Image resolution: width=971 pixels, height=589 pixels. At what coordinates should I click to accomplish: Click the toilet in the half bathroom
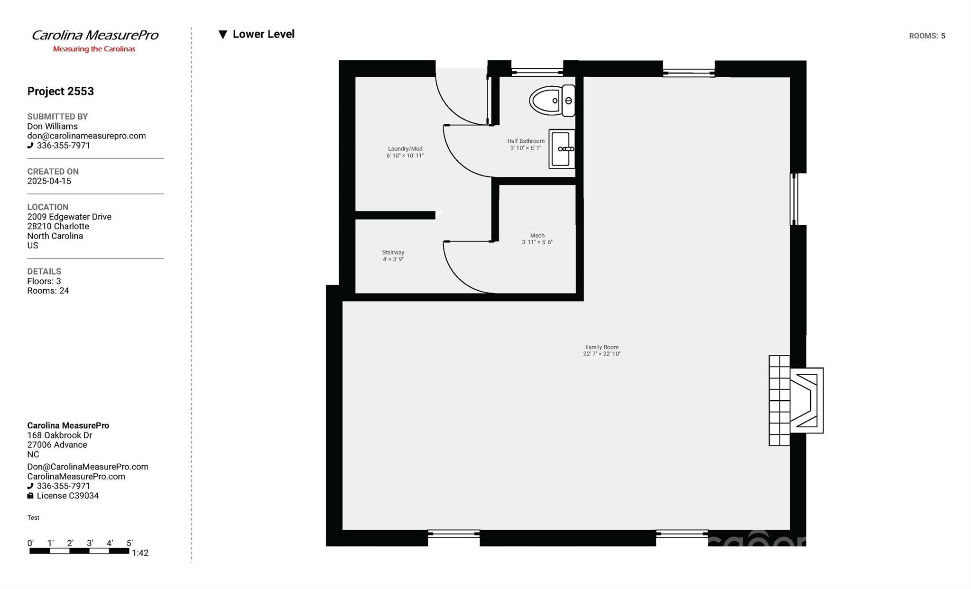click(552, 101)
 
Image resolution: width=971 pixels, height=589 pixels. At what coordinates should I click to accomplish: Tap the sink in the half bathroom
click(562, 149)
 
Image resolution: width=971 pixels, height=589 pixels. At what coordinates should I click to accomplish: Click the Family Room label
click(601, 350)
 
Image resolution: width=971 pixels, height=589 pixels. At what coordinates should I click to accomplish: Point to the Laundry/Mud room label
click(405, 152)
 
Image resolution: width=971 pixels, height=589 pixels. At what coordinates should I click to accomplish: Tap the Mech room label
click(537, 239)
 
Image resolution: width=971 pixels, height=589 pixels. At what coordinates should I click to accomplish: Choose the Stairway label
click(393, 256)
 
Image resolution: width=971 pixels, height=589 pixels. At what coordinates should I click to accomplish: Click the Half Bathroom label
click(526, 144)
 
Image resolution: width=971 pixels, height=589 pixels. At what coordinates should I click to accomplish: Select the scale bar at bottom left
click(79, 551)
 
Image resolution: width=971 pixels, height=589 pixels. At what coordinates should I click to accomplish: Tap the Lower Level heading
click(263, 34)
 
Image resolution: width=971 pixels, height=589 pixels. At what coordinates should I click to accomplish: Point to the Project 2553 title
click(60, 91)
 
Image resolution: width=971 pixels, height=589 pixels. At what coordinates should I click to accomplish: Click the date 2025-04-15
click(49, 181)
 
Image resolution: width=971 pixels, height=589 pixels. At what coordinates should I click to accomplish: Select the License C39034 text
click(67, 496)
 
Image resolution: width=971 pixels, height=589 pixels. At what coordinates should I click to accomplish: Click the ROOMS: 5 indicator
click(927, 36)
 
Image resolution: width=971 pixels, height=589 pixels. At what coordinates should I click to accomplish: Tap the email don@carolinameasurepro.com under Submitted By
click(86, 136)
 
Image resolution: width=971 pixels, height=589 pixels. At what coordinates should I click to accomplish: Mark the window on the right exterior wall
click(794, 199)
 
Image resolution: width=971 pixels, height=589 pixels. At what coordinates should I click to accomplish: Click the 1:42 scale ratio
click(140, 553)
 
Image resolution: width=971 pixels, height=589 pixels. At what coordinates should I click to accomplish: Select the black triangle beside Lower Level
click(222, 35)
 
